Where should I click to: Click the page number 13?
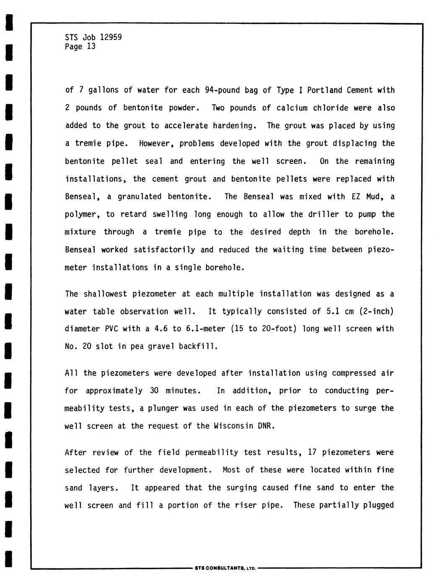[x=91, y=46]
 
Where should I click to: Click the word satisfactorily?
[x=164, y=250]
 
